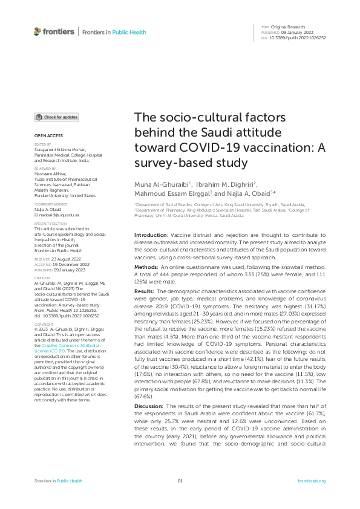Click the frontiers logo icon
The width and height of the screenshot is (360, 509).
(x=38, y=31)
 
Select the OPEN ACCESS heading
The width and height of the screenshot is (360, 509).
(x=48, y=136)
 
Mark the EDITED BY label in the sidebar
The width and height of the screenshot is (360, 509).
(x=43, y=144)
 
